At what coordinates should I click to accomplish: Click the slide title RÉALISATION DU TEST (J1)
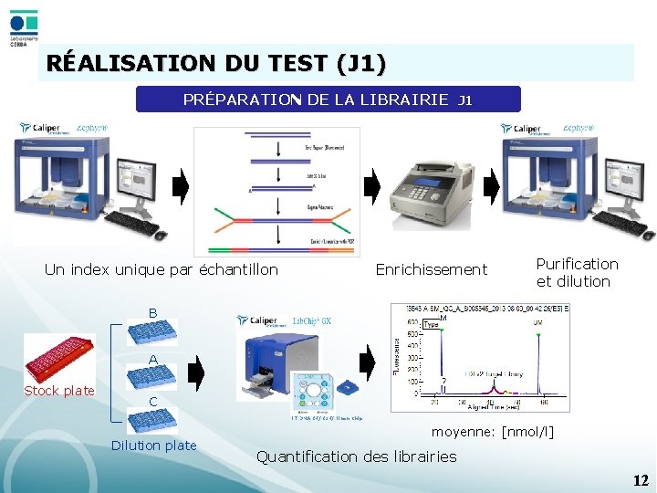tap(216, 64)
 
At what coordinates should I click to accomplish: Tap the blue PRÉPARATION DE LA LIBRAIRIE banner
tap(328, 100)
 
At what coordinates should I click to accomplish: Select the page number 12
tap(641, 480)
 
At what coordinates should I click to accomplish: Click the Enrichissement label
tap(432, 269)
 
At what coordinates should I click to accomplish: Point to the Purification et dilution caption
tap(577, 272)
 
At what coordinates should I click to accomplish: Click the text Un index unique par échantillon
tap(162, 269)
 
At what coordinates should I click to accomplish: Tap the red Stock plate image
tap(57, 357)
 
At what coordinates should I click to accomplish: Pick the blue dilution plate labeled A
tap(151, 377)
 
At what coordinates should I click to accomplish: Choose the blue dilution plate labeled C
tap(151, 420)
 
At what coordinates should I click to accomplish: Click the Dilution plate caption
tap(153, 446)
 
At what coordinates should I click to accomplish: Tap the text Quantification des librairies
tap(358, 456)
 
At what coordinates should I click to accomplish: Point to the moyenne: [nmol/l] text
tap(492, 431)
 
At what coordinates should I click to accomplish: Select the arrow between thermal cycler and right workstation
tap(491, 187)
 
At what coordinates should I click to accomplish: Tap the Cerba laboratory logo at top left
tap(24, 28)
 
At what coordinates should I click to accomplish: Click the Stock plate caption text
tap(59, 391)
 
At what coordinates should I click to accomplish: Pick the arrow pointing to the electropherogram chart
tap(367, 363)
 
